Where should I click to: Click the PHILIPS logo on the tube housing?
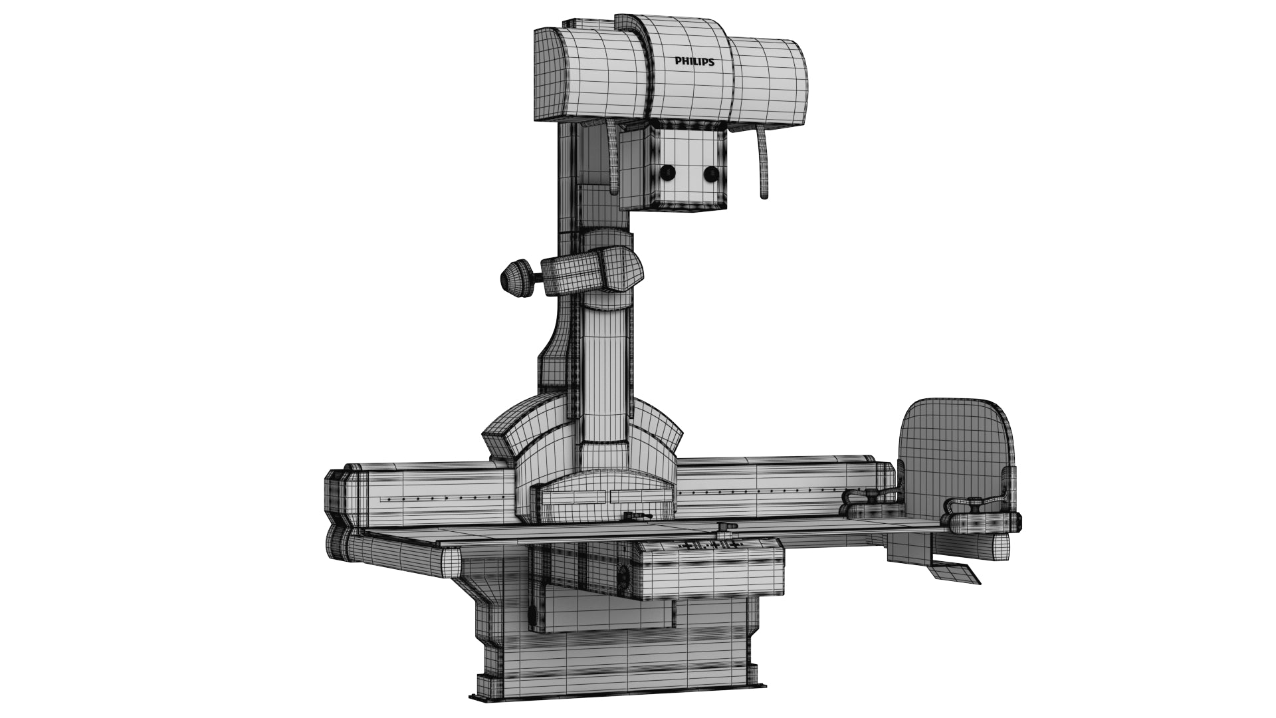pos(694,62)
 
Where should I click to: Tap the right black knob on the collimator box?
pos(711,174)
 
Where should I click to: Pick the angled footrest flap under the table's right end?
pos(955,572)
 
